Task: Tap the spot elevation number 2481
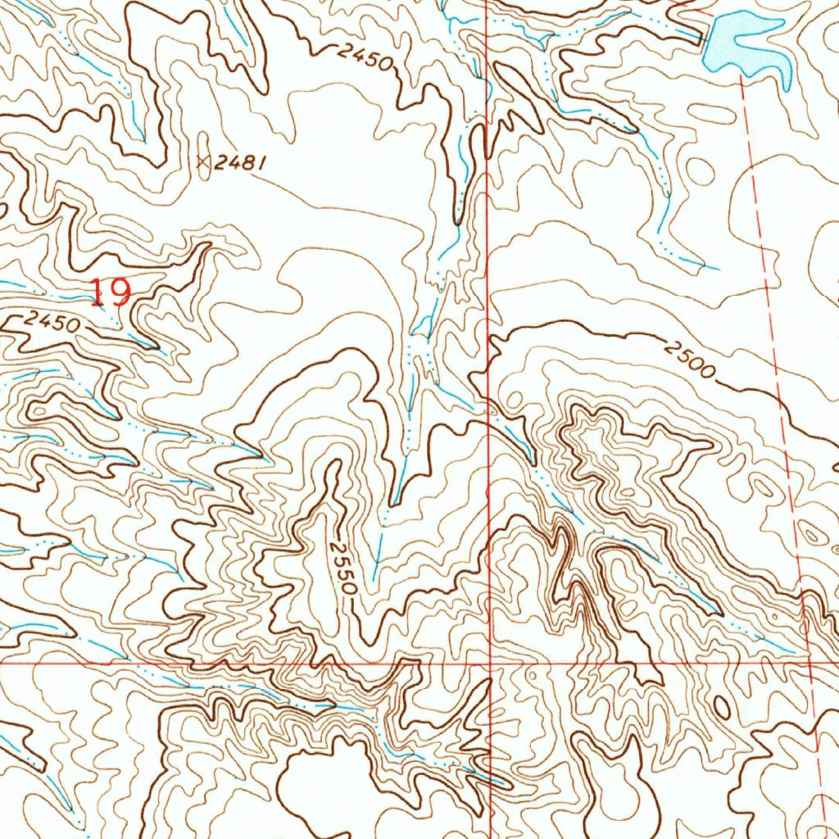(239, 164)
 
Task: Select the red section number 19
(110, 293)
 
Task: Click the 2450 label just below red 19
(51, 323)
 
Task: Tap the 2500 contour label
(691, 361)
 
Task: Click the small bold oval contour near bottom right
(722, 705)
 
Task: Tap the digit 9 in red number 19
(120, 293)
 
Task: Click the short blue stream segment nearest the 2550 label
(377, 558)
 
